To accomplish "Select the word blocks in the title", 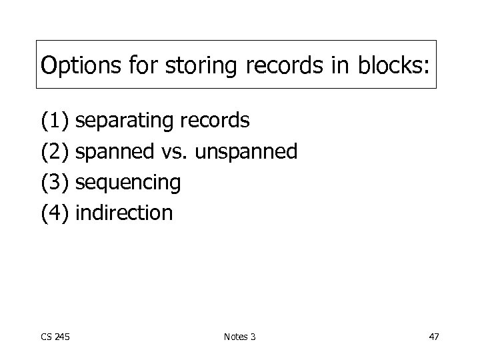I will (387, 65).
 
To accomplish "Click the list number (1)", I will (55, 121).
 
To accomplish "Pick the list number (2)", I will (55, 152).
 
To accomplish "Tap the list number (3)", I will (55, 183).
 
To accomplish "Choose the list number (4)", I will (55, 213).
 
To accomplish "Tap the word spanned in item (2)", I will (116, 152).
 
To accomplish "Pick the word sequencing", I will (129, 183).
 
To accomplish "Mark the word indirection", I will (125, 213).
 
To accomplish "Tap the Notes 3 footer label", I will (239, 336).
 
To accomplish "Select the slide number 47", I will (433, 336).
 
